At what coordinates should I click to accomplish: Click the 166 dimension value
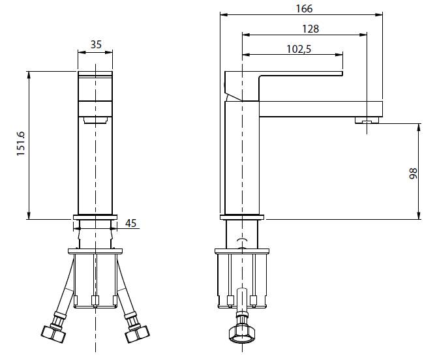pos(304,8)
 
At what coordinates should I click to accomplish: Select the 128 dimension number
pos(310,29)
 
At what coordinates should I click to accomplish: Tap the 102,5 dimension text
pos(299,49)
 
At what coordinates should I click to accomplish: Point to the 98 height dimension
pos(414,173)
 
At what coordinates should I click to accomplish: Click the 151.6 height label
pos(21,143)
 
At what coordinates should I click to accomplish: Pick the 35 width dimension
pos(96,44)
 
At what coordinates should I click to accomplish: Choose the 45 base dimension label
pos(130,223)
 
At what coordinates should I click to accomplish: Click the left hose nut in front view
pos(53,333)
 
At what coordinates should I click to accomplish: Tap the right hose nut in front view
pos(137,333)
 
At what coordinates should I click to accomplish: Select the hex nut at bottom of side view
pos(241,335)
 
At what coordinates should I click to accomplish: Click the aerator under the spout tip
pos(367,120)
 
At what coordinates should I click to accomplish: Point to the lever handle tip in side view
pos(342,74)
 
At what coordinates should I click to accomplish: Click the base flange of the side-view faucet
pos(241,217)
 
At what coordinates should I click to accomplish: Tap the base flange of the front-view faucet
pos(95,217)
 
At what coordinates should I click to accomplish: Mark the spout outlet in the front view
pos(95,120)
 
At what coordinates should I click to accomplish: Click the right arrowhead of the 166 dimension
pos(379,14)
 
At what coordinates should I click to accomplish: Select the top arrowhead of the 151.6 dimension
pos(29,75)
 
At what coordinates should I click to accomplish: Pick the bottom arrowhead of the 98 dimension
pos(419,216)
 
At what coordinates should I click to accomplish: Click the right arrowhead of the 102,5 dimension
pos(339,55)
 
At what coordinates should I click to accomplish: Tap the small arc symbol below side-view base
pos(241,240)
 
